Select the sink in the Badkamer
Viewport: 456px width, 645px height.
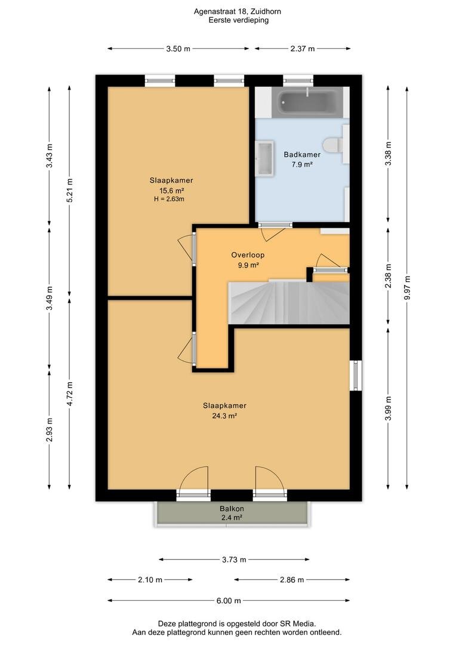point(264,158)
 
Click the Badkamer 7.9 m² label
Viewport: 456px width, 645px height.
point(302,159)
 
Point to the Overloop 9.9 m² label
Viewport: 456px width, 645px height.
point(248,260)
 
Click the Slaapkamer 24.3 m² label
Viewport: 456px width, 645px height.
point(224,410)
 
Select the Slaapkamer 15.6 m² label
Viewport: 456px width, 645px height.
point(171,186)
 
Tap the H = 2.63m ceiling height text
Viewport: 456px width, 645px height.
point(169,199)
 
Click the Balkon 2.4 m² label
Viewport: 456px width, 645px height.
point(232,513)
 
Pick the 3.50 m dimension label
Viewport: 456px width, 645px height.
point(178,48)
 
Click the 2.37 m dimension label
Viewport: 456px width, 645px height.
point(303,48)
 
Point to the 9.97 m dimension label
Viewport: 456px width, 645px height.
point(407,288)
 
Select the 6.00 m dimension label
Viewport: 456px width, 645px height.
point(229,601)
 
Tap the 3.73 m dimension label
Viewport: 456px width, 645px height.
point(234,560)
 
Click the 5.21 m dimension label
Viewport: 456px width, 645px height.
point(69,190)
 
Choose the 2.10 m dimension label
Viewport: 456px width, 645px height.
point(150,579)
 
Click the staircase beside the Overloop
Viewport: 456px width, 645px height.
point(289,303)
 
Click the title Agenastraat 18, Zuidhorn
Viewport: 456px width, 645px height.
point(238,11)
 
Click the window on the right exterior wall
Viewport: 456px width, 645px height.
point(356,376)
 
